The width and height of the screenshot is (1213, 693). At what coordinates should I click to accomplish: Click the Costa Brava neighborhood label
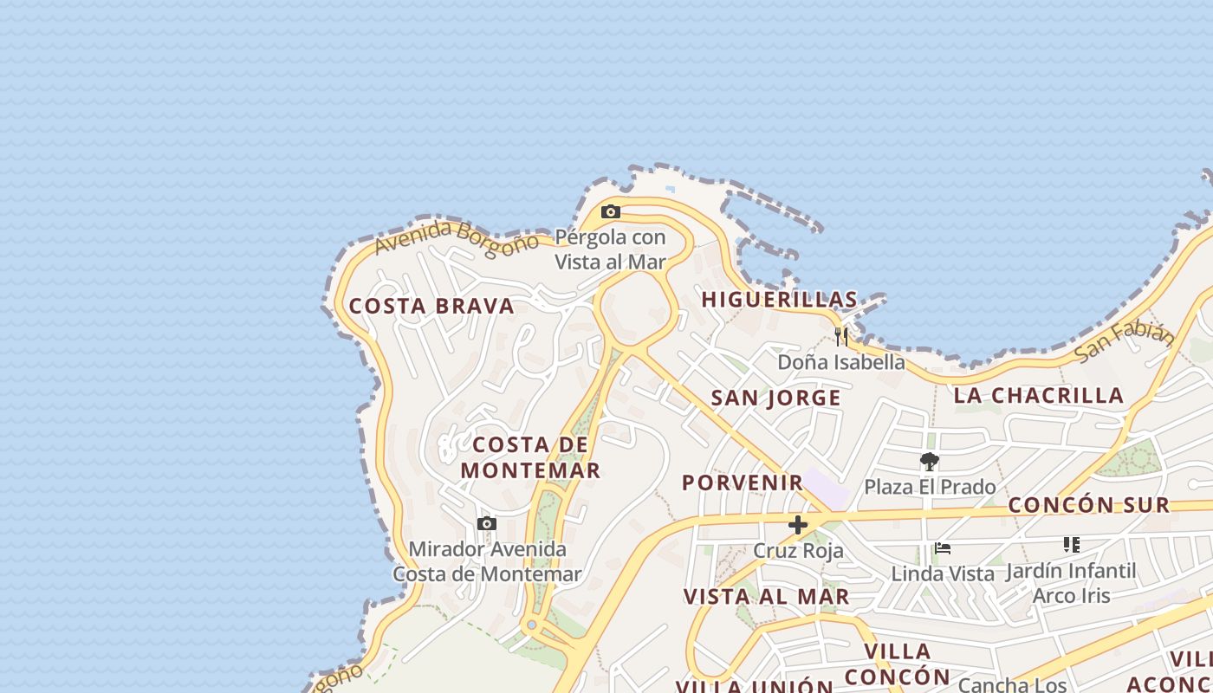431,306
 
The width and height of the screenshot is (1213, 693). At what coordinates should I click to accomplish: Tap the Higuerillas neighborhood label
779,300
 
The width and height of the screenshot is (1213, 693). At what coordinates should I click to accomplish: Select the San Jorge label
775,398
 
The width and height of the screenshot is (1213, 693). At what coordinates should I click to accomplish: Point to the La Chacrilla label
1038,396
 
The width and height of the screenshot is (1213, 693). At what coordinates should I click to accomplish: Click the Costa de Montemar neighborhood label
530,457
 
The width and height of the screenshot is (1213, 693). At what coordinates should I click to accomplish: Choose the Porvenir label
743,483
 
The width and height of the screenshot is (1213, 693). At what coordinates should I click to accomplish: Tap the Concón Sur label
1089,505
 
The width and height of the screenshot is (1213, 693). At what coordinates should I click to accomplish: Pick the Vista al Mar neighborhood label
766,597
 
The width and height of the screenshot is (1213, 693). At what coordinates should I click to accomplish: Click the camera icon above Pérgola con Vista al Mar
611,211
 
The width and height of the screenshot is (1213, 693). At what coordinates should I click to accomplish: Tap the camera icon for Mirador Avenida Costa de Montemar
487,523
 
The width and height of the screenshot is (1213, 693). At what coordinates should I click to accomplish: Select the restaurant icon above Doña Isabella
841,336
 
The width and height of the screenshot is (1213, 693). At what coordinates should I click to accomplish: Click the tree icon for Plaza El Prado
930,461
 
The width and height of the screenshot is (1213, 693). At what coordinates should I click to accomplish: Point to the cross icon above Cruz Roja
798,524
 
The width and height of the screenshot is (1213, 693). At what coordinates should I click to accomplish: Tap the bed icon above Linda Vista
943,547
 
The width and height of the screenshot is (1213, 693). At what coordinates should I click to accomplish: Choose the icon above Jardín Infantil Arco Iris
1072,545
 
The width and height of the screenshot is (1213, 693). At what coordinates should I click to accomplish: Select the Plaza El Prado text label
930,487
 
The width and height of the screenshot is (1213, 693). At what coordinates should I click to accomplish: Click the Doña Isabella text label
841,362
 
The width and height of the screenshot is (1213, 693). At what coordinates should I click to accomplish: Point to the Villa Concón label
898,664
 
